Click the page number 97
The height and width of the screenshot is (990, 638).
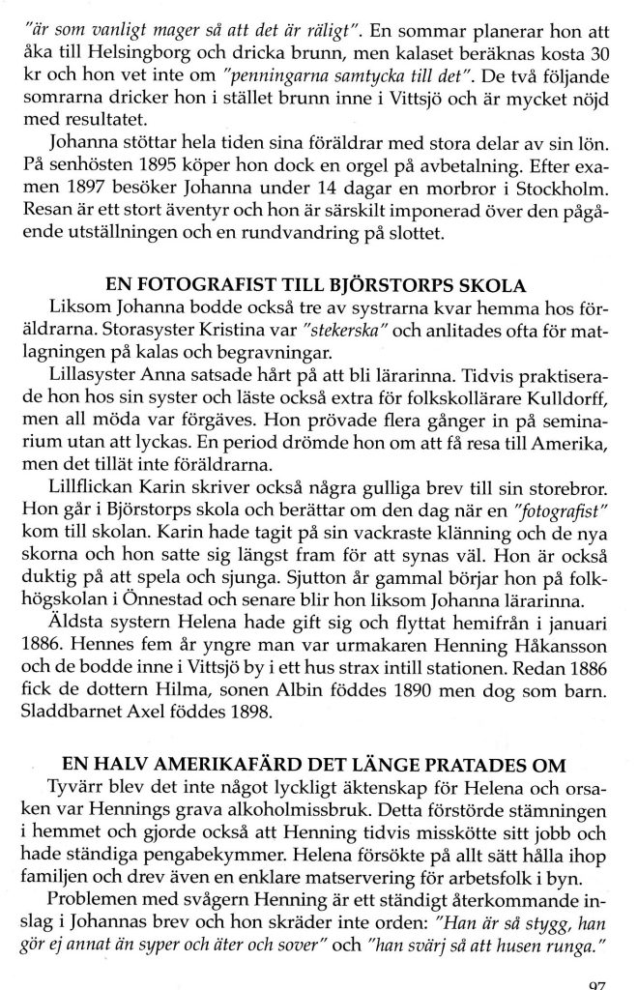pyautogui.click(x=599, y=983)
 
